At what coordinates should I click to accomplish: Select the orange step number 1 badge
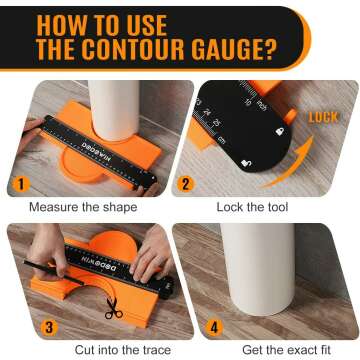tap(16, 184)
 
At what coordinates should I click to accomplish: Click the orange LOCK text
tap(324, 116)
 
